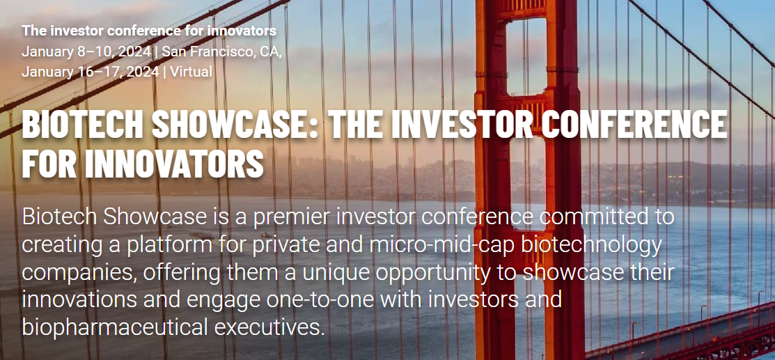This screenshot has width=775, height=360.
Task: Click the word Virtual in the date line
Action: pyautogui.click(x=191, y=72)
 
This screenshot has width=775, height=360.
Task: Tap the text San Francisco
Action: pyautogui.click(x=206, y=52)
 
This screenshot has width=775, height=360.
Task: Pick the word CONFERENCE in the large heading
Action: pyautogui.click(x=634, y=125)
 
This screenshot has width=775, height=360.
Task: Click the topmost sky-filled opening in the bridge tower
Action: pyautogui.click(x=526, y=56)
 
